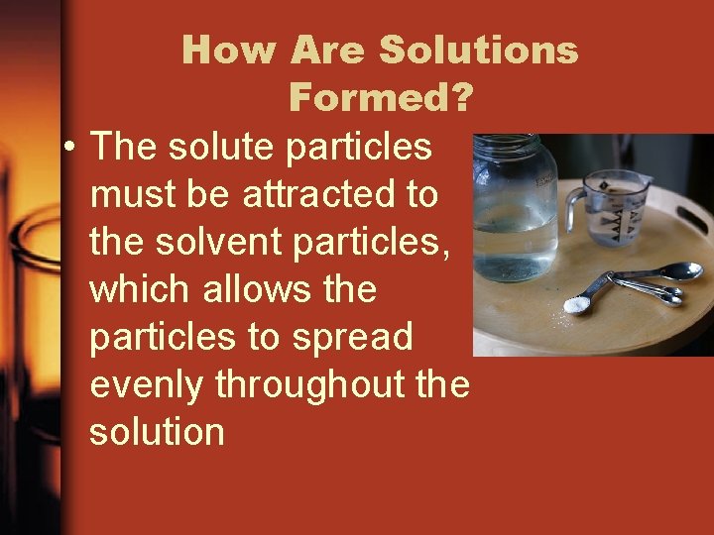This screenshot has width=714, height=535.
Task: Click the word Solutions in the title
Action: pyautogui.click(x=479, y=50)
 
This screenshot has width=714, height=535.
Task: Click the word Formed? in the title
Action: pyautogui.click(x=381, y=98)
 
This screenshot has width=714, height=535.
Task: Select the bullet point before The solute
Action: pyautogui.click(x=67, y=148)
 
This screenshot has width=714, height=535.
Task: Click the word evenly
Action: pyautogui.click(x=147, y=384)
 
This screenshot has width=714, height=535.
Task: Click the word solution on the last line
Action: pyautogui.click(x=157, y=432)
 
